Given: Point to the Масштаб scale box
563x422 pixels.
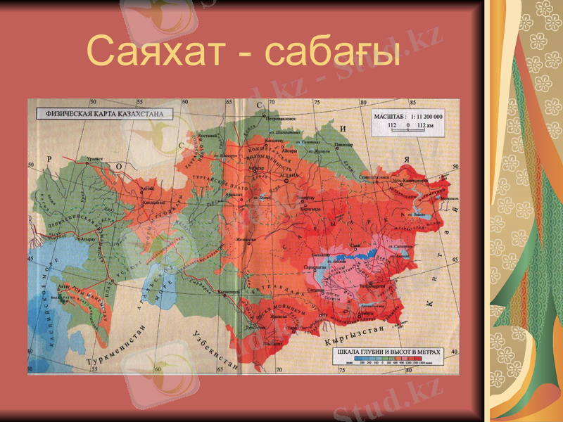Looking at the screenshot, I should [x=408, y=121].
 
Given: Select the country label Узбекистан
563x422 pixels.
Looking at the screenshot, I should [x=215, y=346].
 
